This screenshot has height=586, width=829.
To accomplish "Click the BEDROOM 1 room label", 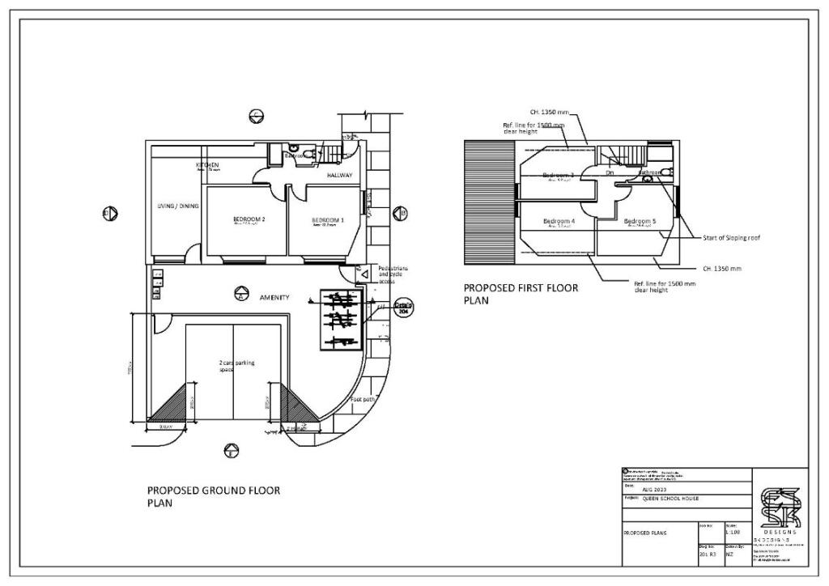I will tap(328, 220).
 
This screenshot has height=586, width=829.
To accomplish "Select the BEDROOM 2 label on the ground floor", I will tap(249, 219).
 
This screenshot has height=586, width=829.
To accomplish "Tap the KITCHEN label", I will tap(208, 165).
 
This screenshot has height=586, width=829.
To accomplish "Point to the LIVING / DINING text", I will tap(177, 206).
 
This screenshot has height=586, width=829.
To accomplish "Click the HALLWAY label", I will tap(340, 175).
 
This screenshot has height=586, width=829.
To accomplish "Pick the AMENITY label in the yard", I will tap(274, 298).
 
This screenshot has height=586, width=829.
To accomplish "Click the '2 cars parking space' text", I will tap(236, 367).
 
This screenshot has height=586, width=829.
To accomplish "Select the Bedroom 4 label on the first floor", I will tap(559, 221).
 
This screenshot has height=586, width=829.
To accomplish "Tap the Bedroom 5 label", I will tap(640, 221).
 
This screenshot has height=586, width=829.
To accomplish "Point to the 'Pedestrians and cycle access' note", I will tap(393, 274).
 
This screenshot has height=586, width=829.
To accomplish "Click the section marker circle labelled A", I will tap(240, 295).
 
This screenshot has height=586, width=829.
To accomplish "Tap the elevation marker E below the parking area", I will tap(232, 451).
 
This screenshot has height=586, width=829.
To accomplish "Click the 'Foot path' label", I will tap(362, 400).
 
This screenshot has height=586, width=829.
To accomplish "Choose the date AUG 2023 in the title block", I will tap(654, 490).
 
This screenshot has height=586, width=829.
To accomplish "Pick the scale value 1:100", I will tap(733, 533).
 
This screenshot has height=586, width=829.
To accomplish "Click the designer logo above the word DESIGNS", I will tap(780, 507).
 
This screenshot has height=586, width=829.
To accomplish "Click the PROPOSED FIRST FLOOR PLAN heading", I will tap(521, 293).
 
